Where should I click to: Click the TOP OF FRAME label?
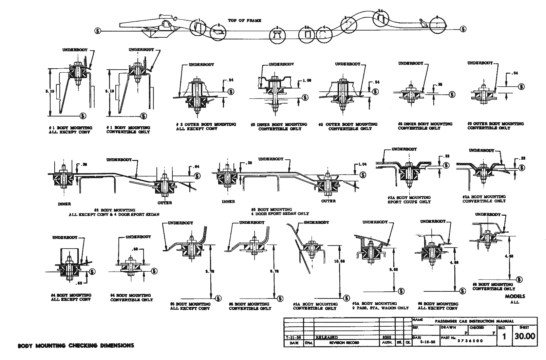(244, 21)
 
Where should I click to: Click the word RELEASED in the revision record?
(326, 338)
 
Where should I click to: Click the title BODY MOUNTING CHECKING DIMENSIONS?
(76, 346)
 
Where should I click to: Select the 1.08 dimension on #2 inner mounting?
(307, 81)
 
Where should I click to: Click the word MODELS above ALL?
(514, 296)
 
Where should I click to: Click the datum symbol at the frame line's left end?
(98, 31)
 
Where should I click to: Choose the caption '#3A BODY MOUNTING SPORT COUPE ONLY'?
(409, 200)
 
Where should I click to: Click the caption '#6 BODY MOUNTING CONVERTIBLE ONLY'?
(493, 287)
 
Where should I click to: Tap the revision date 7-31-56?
(293, 338)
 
